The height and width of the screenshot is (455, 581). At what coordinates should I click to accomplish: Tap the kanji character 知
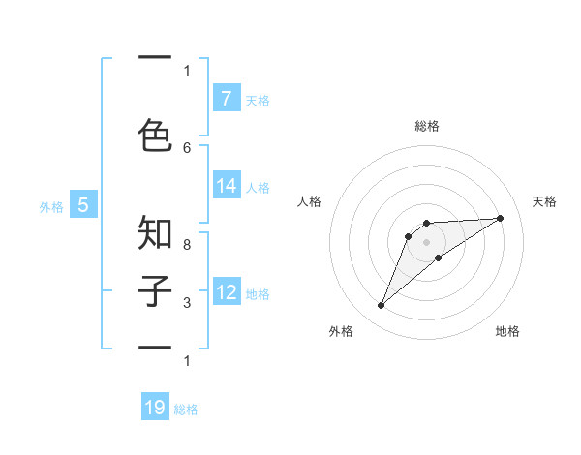click(155, 232)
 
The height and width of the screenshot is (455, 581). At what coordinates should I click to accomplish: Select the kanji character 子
click(155, 289)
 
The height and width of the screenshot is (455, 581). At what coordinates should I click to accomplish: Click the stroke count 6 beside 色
click(187, 147)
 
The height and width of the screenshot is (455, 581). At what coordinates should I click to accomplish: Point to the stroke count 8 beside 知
click(187, 245)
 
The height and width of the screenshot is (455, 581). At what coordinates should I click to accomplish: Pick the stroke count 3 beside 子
click(187, 303)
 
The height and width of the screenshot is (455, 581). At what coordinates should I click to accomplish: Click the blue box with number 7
click(226, 99)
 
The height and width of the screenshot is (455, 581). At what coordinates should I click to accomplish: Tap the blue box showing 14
click(226, 186)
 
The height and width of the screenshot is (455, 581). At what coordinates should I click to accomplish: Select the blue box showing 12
click(226, 292)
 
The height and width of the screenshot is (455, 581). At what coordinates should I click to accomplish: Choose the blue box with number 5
click(83, 205)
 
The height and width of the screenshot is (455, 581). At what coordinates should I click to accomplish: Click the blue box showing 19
click(155, 408)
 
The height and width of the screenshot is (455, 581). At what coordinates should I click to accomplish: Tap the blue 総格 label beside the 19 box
click(186, 409)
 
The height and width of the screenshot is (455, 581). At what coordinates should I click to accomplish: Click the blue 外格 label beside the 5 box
click(51, 206)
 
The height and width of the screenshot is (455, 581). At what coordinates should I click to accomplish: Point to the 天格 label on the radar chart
click(545, 201)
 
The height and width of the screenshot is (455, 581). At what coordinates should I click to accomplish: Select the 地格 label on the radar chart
click(507, 331)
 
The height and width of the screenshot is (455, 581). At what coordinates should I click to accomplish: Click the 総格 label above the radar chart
click(427, 126)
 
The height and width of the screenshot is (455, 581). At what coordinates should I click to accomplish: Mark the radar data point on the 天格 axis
click(500, 218)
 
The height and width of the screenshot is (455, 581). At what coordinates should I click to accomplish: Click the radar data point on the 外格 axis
click(382, 306)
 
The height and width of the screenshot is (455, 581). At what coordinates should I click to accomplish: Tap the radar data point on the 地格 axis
click(439, 258)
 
